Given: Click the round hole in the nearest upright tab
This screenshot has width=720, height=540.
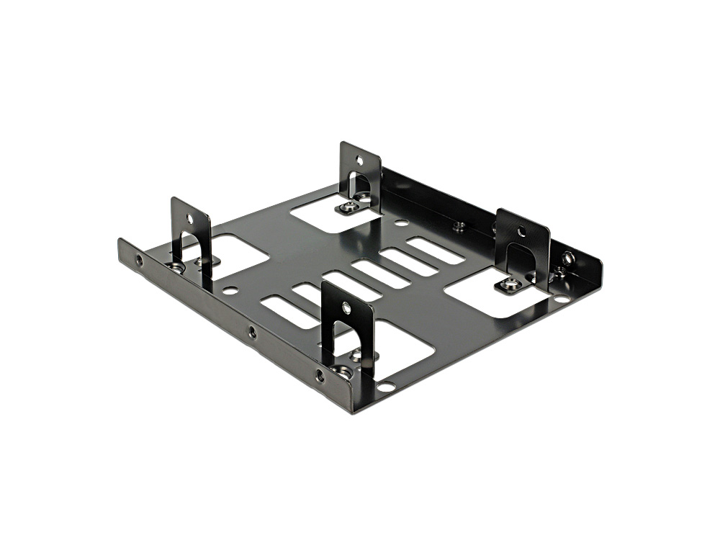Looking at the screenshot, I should [346, 308].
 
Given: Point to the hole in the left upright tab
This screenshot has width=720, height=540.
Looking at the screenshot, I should [190, 217].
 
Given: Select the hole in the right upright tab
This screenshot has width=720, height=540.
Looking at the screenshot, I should [521, 232].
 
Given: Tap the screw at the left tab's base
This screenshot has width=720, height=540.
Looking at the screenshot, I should [175, 267].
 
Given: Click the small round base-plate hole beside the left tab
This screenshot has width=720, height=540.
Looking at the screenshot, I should [230, 291].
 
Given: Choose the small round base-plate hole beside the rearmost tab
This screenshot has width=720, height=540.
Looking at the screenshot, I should [402, 223].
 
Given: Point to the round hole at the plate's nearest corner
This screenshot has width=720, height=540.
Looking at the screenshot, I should [385, 387].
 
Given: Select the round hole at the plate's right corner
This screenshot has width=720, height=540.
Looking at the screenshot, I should [562, 297].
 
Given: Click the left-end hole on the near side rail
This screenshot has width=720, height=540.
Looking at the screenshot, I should [138, 259].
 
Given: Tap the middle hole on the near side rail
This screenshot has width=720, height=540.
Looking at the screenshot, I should [252, 333].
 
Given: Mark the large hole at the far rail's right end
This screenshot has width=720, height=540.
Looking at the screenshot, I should [568, 257].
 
